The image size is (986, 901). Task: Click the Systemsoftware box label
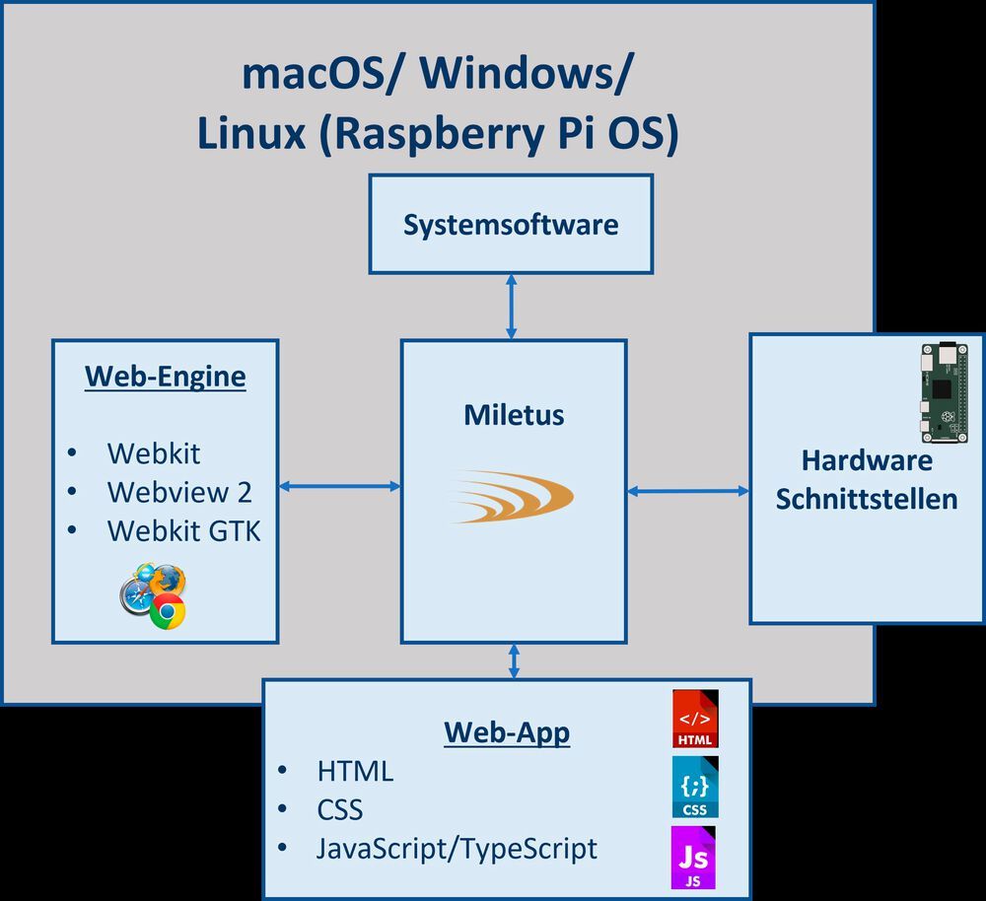(x=511, y=224)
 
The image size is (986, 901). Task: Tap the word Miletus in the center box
(x=514, y=415)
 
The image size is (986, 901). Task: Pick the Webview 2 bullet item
(x=178, y=491)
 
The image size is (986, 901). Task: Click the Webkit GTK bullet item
(x=183, y=530)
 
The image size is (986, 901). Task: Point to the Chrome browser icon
(x=168, y=612)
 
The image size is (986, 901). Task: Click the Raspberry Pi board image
(x=944, y=392)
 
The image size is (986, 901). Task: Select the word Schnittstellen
(x=866, y=499)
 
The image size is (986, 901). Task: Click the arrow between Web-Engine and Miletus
(x=339, y=486)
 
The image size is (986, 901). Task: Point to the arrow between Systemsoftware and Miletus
(x=511, y=307)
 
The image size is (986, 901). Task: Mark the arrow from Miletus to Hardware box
(x=687, y=490)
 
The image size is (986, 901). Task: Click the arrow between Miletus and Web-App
(x=513, y=660)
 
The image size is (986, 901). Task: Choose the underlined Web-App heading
(x=506, y=732)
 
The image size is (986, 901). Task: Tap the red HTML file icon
(x=695, y=719)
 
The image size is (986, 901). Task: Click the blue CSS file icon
(x=695, y=787)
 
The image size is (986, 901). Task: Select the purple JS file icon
(x=694, y=859)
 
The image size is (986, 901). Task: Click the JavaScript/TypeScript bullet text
(x=457, y=848)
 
